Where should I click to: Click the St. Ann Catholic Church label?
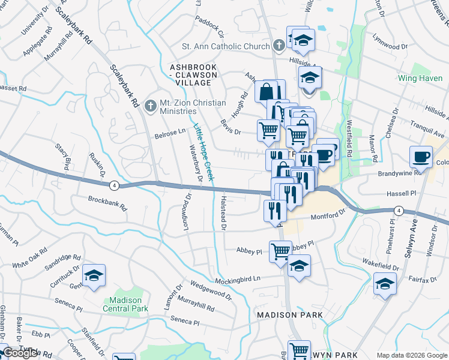tap(227, 46)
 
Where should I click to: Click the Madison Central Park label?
tap(125, 304)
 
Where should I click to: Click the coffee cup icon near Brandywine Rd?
tap(421, 157)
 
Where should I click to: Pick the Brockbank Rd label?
tap(107, 202)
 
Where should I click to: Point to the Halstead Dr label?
tap(223, 213)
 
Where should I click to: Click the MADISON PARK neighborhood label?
tap(290, 314)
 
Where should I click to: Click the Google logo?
tap(21, 353)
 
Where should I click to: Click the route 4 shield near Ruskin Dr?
tap(114, 185)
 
